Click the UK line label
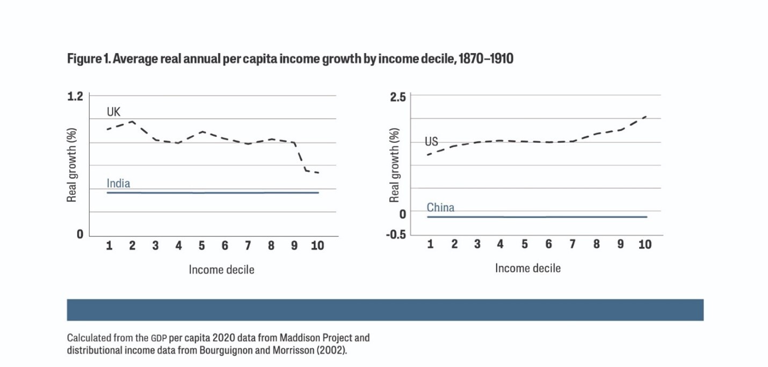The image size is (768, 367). [113, 112]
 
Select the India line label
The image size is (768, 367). [118, 183]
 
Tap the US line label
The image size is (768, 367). [431, 141]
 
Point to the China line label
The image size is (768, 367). [440, 207]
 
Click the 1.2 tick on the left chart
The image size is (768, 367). [75, 96]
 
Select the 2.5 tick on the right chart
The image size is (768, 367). [398, 97]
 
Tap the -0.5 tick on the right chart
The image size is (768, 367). [396, 235]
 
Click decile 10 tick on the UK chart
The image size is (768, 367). [317, 246]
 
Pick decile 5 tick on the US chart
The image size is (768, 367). [525, 244]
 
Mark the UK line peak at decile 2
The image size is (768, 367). [132, 121]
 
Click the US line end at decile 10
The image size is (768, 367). [646, 117]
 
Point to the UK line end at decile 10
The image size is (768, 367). [319, 173]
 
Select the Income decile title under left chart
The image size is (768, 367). [221, 270]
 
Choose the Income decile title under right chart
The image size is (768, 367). [527, 268]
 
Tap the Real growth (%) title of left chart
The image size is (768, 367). [71, 165]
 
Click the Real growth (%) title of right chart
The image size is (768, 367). [394, 165]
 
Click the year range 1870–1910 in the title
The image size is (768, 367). [486, 59]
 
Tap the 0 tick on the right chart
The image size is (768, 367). [402, 214]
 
